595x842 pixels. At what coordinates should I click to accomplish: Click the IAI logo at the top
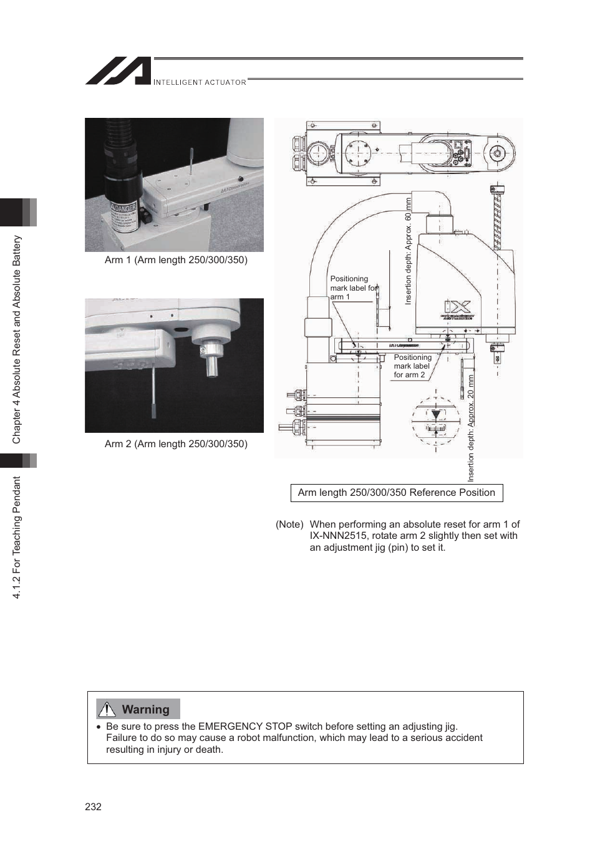tap(119, 71)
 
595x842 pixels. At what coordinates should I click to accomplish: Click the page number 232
tap(93, 806)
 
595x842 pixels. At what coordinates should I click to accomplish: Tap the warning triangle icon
tap(107, 709)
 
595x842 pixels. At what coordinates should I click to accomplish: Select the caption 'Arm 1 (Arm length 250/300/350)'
tap(176, 260)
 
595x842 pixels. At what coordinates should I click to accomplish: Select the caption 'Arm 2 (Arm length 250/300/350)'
tap(176, 444)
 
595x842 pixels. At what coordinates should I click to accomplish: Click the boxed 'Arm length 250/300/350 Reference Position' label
tap(396, 493)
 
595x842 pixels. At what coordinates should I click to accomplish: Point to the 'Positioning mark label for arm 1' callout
tap(352, 288)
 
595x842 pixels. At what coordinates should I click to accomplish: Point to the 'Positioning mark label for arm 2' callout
tap(412, 366)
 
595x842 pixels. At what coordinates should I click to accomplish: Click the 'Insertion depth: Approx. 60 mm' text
tap(409, 251)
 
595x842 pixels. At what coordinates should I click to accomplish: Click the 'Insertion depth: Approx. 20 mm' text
tap(471, 428)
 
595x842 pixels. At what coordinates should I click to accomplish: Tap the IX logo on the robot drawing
tap(457, 306)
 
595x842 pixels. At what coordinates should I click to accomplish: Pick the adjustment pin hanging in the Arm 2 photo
tap(153, 393)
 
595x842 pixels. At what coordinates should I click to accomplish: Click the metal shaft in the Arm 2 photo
tap(213, 362)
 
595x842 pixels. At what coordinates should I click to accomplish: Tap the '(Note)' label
tap(289, 525)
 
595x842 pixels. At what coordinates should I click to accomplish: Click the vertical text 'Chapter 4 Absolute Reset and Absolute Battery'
tap(17, 339)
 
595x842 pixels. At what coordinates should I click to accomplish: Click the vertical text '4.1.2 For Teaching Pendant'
tap(17, 538)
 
